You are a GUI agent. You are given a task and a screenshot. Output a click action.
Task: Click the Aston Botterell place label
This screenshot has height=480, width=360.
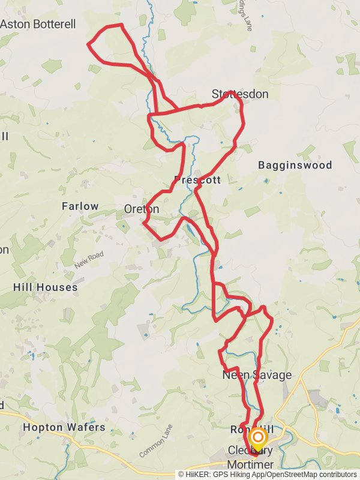[38, 25]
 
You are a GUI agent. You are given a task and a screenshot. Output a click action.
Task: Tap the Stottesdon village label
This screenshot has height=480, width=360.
[240, 94]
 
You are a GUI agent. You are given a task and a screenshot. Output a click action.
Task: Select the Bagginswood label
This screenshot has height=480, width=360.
[295, 165]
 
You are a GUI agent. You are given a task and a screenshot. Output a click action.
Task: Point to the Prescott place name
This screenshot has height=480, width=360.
[197, 180]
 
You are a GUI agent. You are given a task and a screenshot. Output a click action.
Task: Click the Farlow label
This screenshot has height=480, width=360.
[80, 206]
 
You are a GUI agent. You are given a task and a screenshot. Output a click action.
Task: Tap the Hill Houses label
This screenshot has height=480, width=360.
[46, 287]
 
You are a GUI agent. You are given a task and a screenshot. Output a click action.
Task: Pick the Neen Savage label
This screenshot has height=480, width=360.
[257, 376]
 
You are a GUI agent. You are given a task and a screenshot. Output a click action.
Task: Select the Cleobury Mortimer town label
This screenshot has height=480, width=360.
[251, 458]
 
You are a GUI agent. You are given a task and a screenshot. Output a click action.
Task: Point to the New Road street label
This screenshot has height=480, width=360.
[89, 259]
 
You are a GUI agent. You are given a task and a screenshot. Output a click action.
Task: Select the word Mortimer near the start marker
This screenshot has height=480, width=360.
[250, 465]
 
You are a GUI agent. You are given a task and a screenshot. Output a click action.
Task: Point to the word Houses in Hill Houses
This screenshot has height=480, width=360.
[57, 287]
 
